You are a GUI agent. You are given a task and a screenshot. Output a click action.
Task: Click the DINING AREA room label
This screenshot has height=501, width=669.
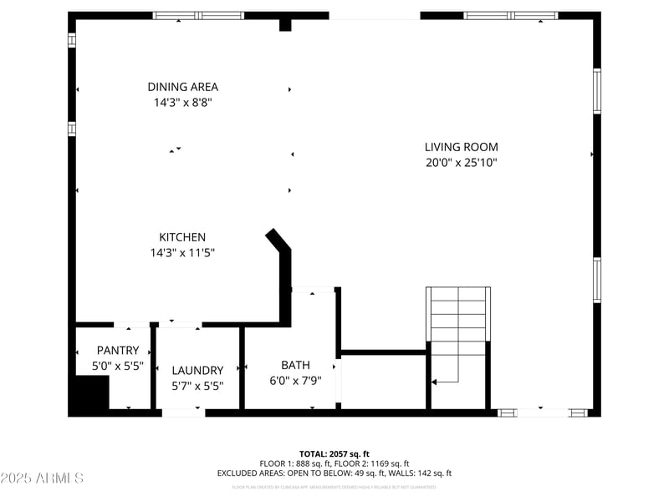tap(182, 87)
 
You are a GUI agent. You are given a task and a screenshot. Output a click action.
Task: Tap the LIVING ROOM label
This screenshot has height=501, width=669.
tap(461, 147)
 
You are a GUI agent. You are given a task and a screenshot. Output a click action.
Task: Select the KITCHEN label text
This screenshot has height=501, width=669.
tap(182, 237)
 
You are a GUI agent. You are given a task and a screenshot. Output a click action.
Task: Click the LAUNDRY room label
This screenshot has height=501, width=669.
tap(197, 371)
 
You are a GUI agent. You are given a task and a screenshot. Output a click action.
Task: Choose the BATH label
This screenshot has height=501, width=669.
tap(295, 365)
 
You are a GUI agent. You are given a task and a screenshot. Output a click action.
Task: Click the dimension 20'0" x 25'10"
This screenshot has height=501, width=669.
tap(461, 164)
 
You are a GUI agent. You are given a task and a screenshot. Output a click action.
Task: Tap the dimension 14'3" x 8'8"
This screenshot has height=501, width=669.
tap(182, 103)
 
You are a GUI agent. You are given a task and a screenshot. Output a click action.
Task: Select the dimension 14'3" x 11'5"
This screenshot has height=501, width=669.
tap(182, 252)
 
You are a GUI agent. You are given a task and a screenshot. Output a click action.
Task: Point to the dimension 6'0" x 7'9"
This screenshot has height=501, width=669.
tap(295, 380)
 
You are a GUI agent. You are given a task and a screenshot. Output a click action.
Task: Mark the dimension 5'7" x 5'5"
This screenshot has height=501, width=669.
tap(197, 386)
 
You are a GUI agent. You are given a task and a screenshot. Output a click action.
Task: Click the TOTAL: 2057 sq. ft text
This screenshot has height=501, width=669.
tap(334, 453)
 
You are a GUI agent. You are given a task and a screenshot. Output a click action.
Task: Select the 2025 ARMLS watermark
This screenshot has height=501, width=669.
tap(42, 478)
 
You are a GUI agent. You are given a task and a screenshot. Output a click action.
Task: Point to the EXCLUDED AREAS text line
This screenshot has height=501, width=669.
tap(334, 473)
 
